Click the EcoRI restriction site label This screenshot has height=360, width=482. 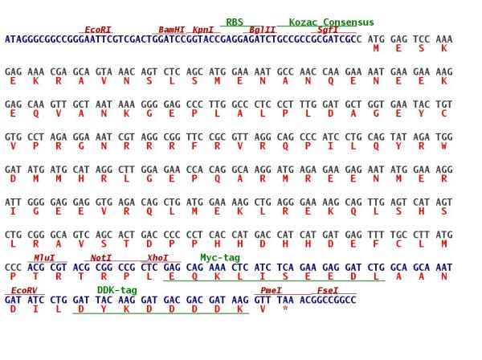click(x=98, y=30)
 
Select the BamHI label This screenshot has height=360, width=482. click(x=172, y=30)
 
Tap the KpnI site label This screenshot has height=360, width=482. click(x=203, y=30)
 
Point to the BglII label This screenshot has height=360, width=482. click(x=262, y=30)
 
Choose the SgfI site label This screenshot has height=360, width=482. click(x=328, y=30)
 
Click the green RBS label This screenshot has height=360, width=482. click(x=235, y=22)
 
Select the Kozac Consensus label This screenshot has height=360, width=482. click(x=331, y=22)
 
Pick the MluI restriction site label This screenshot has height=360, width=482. click(x=44, y=258)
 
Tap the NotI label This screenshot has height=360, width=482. click(x=101, y=258)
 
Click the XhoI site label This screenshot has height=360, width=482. click(x=157, y=258)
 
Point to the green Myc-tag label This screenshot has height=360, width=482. click(x=220, y=258)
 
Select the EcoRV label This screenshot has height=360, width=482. click(x=24, y=291)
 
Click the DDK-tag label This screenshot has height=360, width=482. click(x=117, y=290)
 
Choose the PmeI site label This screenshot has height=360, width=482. click(x=271, y=291)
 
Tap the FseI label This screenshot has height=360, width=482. click(x=328, y=291)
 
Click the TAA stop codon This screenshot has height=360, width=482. click(x=285, y=300)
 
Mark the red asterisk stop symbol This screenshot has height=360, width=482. click(x=285, y=308)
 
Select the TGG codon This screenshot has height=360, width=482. click(x=444, y=137)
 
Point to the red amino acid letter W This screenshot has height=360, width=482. click(x=444, y=146)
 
